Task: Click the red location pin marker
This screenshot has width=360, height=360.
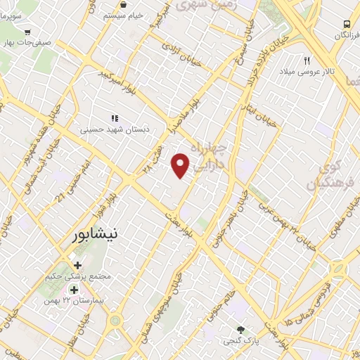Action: pyautogui.click(x=181, y=165)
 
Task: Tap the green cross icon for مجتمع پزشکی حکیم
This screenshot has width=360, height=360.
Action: pyautogui.click(x=77, y=265)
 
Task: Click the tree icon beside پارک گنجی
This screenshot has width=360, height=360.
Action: pyautogui.click(x=241, y=330)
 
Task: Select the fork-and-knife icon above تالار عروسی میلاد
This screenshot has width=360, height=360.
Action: pyautogui.click(x=307, y=60)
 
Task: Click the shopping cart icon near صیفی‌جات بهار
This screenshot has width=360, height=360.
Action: pyautogui.click(x=27, y=32)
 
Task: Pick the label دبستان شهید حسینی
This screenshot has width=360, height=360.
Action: pyautogui.click(x=105, y=129)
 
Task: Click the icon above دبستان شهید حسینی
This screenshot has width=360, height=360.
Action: pyautogui.click(x=115, y=118)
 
